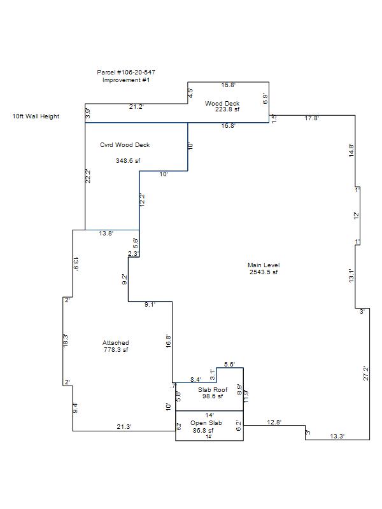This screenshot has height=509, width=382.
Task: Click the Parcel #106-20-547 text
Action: click(126, 73)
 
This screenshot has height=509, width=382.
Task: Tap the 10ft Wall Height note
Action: click(36, 116)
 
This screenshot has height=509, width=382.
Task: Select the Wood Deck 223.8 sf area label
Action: click(223, 106)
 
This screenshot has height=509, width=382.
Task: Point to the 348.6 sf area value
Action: click(127, 160)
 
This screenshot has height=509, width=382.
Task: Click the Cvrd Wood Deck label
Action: click(125, 145)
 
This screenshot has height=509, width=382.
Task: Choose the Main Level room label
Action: click(264, 265)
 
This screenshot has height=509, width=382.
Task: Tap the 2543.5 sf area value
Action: click(264, 272)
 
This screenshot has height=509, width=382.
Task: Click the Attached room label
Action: click(116, 343)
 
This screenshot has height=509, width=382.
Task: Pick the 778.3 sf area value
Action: click(116, 350)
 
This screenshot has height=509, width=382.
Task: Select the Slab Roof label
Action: click(213, 389)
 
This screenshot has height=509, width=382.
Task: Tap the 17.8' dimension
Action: click(311, 118)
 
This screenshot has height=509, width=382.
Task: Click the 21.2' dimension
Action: click(136, 106)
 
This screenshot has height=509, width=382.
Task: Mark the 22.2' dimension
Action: click(89, 176)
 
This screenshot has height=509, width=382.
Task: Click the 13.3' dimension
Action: click(337, 436)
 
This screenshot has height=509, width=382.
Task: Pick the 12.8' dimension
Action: click(274, 422)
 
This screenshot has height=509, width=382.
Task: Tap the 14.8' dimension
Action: click(351, 150)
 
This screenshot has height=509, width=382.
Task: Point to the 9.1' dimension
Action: click(150, 305)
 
